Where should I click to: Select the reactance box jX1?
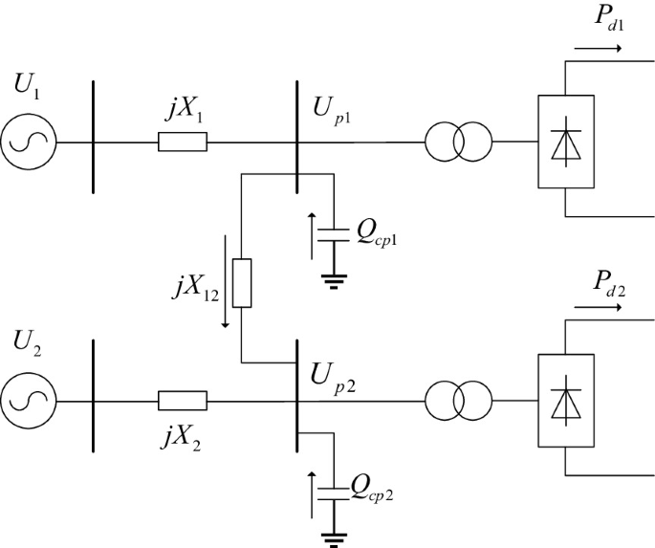(x=182, y=142)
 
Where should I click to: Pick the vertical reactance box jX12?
(x=242, y=282)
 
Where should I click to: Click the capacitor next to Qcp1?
(x=334, y=234)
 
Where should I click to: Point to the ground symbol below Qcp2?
(x=334, y=537)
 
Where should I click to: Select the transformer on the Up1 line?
(x=457, y=142)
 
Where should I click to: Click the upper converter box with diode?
(x=563, y=142)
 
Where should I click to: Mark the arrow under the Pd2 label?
(x=599, y=308)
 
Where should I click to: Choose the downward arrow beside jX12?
(x=225, y=282)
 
